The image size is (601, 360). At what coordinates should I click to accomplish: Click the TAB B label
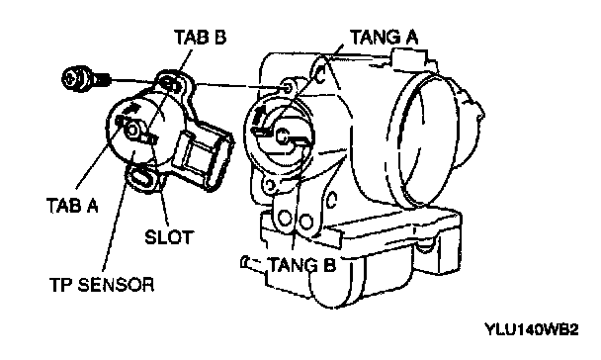200,38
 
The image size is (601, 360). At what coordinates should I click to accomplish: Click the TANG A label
385,38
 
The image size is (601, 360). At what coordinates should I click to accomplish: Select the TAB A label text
72,205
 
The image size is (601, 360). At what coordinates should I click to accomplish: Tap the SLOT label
169,237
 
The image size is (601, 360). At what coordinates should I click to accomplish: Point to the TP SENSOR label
102,285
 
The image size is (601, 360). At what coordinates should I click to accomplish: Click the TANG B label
302,265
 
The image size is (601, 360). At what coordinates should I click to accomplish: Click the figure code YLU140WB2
532,329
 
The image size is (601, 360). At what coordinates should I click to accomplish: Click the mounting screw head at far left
75,79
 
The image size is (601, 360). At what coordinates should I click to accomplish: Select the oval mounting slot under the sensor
141,177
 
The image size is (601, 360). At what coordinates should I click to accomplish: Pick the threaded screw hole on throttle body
289,88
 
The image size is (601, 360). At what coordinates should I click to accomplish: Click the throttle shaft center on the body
282,135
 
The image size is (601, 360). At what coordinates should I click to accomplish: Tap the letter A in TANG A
410,38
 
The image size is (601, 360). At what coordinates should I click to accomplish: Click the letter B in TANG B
329,265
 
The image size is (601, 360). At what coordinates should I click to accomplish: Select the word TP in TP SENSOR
61,285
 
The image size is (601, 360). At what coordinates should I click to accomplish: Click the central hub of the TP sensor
132,130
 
